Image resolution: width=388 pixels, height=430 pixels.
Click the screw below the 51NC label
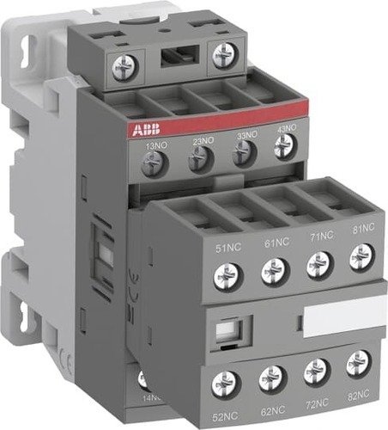(227, 276)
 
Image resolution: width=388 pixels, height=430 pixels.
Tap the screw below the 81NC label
(361, 255)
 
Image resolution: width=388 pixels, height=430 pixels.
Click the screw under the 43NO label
(284, 148)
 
